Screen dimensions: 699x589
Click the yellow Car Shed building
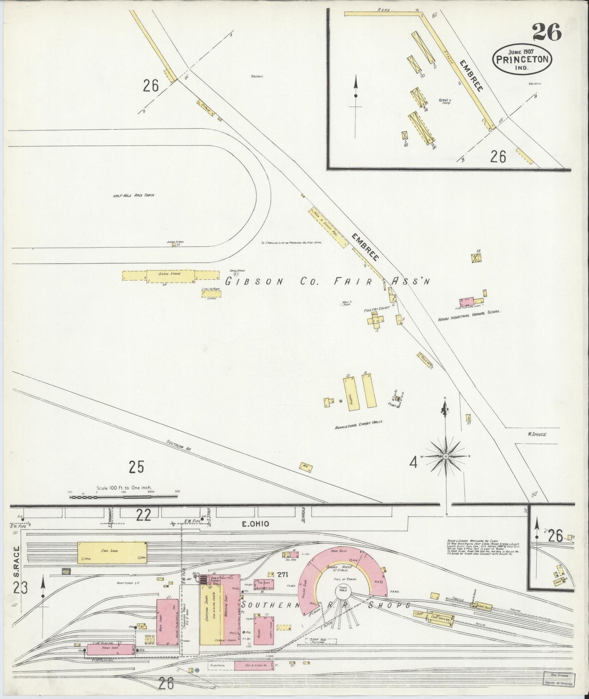(113, 551)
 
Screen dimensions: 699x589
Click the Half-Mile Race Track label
(134, 195)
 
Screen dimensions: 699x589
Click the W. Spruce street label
(536, 434)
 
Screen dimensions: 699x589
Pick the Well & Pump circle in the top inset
(440, 100)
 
